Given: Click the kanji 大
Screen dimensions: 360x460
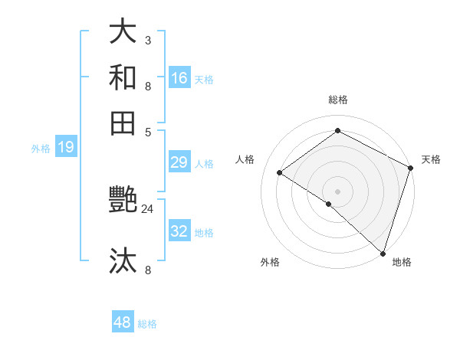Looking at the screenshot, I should tap(123, 31).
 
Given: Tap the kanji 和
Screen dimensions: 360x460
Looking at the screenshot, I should tap(123, 77).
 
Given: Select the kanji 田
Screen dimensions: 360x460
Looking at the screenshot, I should tap(123, 123).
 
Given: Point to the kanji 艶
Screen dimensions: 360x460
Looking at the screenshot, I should tap(123, 201).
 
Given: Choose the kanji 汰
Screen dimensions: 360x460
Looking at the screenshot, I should tap(123, 260).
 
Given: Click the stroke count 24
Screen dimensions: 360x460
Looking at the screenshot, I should tap(148, 208).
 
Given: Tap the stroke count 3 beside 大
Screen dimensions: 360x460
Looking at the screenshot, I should tap(147, 40).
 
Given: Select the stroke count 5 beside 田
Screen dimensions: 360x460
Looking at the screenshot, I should tap(147, 130).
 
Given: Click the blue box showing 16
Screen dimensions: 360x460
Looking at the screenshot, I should tap(179, 77).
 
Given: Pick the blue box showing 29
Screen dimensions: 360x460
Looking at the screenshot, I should tap(179, 162).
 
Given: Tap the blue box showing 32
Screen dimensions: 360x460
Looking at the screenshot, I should tap(179, 231).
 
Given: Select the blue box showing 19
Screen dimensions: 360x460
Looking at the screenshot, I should tap(66, 147).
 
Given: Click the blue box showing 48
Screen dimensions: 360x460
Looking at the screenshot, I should tap(123, 322).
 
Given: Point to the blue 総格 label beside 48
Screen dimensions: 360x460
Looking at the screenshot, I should tap(147, 324).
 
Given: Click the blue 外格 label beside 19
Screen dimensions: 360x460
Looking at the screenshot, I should tap(41, 149).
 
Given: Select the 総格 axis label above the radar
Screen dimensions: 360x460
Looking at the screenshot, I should tap(337, 100).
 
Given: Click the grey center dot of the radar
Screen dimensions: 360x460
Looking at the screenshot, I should tap(337, 191).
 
